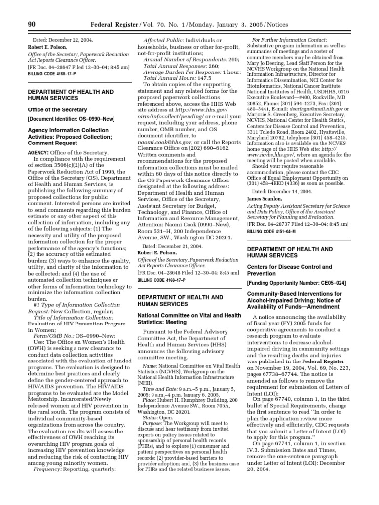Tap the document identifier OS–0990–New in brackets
pos(63,119)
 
